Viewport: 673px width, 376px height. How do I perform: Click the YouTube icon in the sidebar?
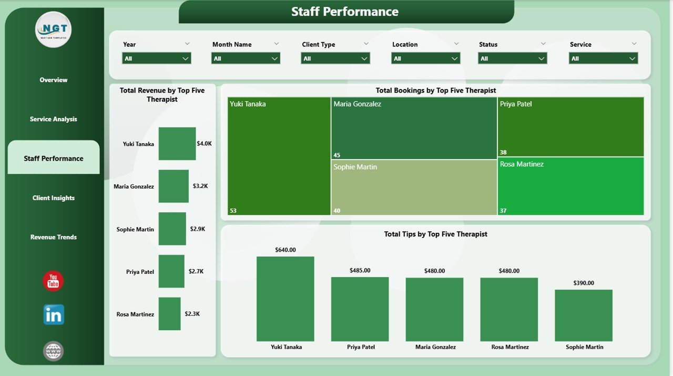[53, 281]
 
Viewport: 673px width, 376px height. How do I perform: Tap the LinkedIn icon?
[54, 314]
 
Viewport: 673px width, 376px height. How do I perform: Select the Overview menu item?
[54, 80]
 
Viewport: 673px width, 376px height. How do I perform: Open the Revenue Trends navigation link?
[54, 237]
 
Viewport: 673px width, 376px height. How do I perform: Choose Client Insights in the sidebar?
[54, 198]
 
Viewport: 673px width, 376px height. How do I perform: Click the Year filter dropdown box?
[156, 58]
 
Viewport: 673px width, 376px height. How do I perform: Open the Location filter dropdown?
[425, 58]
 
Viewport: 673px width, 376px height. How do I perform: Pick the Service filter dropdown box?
[603, 58]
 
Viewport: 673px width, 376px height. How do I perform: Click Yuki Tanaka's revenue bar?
[177, 143]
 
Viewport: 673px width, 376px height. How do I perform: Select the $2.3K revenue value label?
[192, 314]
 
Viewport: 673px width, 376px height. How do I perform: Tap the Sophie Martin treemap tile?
[414, 187]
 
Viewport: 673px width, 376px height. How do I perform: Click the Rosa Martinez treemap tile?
[570, 186]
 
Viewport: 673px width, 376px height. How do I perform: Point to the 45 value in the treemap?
[337, 155]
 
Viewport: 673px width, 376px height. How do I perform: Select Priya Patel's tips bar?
[360, 309]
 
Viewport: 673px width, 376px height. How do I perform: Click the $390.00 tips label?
[583, 283]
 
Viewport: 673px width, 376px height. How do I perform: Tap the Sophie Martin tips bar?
[584, 315]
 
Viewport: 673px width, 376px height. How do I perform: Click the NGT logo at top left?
[54, 29]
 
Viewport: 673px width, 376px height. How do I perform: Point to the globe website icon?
[53, 351]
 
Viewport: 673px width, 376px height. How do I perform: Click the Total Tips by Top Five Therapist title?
[435, 234]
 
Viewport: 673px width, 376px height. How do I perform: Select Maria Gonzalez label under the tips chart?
[435, 347]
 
